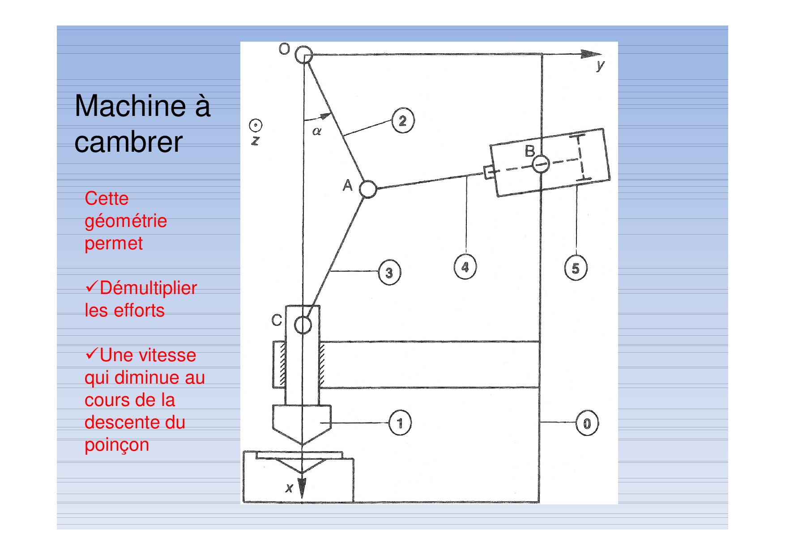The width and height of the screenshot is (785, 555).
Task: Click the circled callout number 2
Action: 403,120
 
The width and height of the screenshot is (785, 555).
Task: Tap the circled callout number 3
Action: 389,272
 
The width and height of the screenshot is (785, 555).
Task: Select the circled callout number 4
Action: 465,267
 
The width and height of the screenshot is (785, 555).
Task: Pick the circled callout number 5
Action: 576,268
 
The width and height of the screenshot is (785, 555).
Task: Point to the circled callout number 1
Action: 400,423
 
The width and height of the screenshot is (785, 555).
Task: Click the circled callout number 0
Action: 587,423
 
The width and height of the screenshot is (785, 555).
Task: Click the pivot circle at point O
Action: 303,55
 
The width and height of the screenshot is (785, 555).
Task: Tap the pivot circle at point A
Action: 368,189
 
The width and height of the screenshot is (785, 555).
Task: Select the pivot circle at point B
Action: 541,164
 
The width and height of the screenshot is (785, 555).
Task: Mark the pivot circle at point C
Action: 303,325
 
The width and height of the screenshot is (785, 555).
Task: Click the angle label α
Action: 317,131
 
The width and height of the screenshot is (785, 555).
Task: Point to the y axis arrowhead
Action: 591,54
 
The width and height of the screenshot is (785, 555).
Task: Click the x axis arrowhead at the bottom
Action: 302,488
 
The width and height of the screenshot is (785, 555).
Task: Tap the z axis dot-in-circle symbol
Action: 256,125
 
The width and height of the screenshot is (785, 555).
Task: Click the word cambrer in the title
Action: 128,142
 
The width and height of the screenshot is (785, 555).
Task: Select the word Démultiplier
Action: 148,288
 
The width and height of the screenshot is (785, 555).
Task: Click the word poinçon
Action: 117,445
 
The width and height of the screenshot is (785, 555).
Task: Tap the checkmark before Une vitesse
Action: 91,354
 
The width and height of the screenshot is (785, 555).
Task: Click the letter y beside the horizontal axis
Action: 600,66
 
